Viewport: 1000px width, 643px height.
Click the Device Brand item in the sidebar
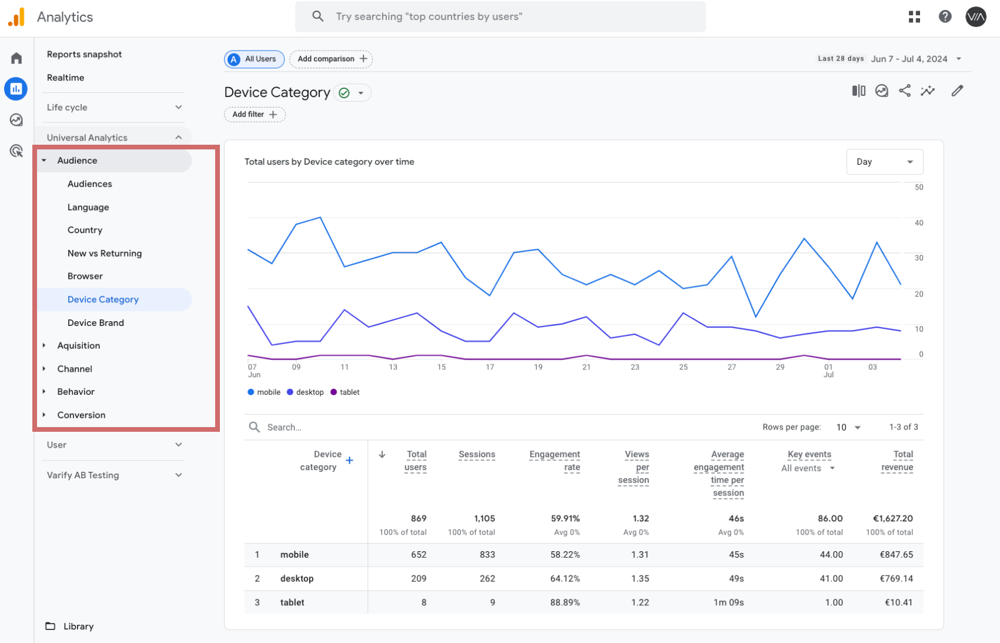coord(96,322)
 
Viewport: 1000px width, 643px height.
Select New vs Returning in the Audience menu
coord(105,253)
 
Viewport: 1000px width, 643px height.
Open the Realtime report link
coord(66,77)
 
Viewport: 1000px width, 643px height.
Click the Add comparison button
coord(331,59)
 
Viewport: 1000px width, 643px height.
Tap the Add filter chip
coord(255,114)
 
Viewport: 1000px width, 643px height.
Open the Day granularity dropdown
coord(884,162)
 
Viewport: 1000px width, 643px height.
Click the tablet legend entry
coord(345,392)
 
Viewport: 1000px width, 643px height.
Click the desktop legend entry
coord(305,392)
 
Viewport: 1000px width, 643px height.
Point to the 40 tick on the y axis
coord(919,222)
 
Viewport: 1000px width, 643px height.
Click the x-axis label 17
coord(490,367)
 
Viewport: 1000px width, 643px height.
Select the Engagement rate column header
coord(554,461)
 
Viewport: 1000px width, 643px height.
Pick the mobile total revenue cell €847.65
coord(896,555)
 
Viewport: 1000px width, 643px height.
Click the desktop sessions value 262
coord(487,578)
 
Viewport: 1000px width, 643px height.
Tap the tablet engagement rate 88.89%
coord(565,602)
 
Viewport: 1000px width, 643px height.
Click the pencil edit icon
coord(956,91)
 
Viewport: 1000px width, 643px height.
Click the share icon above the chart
coord(904,91)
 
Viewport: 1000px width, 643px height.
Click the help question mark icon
coord(945,16)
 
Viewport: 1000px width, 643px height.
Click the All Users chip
coord(254,59)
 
